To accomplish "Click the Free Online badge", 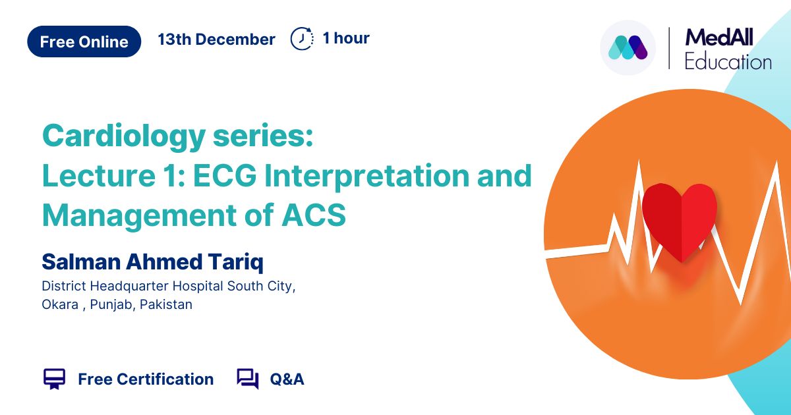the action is tap(84, 41).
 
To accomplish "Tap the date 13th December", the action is tap(216, 39).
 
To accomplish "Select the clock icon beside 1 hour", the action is tap(302, 38).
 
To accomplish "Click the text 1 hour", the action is tap(346, 38).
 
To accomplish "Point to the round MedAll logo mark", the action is tap(628, 47).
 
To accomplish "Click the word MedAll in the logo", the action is tap(719, 38).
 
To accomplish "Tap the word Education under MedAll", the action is tap(728, 62).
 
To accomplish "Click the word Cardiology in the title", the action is tap(124, 137).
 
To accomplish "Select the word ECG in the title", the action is tap(225, 175).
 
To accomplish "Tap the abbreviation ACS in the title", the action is tap(314, 215).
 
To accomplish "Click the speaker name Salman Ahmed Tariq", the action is tap(152, 262).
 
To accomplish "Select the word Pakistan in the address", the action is tap(166, 304).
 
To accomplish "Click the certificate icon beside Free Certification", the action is tap(54, 379).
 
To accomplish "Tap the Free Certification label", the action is tap(146, 379).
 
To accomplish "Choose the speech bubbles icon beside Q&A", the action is tap(248, 379).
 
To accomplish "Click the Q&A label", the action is tap(287, 379).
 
